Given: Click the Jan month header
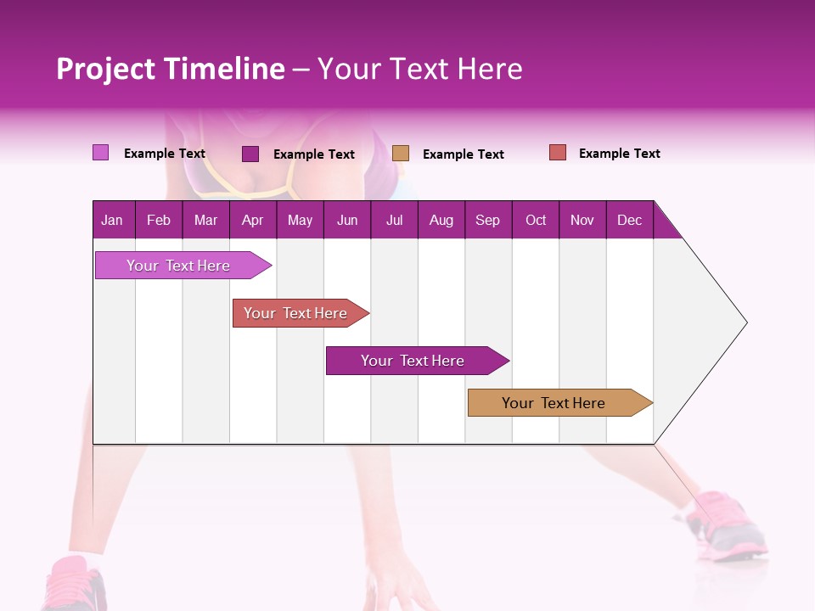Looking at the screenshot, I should (112, 220).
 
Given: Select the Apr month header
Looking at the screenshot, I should (253, 220).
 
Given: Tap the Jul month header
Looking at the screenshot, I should (394, 220).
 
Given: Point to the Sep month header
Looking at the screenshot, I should (487, 220).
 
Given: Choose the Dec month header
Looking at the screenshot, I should (629, 220).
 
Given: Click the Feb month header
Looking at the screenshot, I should (159, 220).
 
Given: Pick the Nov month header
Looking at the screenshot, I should (582, 220).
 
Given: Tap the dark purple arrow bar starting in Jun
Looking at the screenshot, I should (413, 361).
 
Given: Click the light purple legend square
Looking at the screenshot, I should (100, 153).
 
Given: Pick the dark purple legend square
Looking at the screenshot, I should (250, 154).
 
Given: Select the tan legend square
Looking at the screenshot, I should (401, 153).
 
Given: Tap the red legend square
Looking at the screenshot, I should (557, 153).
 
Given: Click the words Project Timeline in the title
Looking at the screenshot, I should (171, 69).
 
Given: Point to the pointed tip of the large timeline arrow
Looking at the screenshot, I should (745, 322).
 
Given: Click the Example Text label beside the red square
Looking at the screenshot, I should (619, 154).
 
